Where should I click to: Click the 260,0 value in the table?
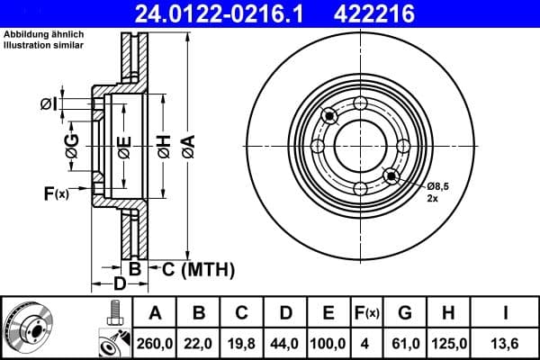155,343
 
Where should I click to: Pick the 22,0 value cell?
199,343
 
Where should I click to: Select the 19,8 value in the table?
242,343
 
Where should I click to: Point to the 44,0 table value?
285,343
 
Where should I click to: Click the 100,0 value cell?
328,343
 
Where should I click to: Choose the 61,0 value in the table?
406,343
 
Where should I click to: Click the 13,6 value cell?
507,343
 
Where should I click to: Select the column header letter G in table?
406,313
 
